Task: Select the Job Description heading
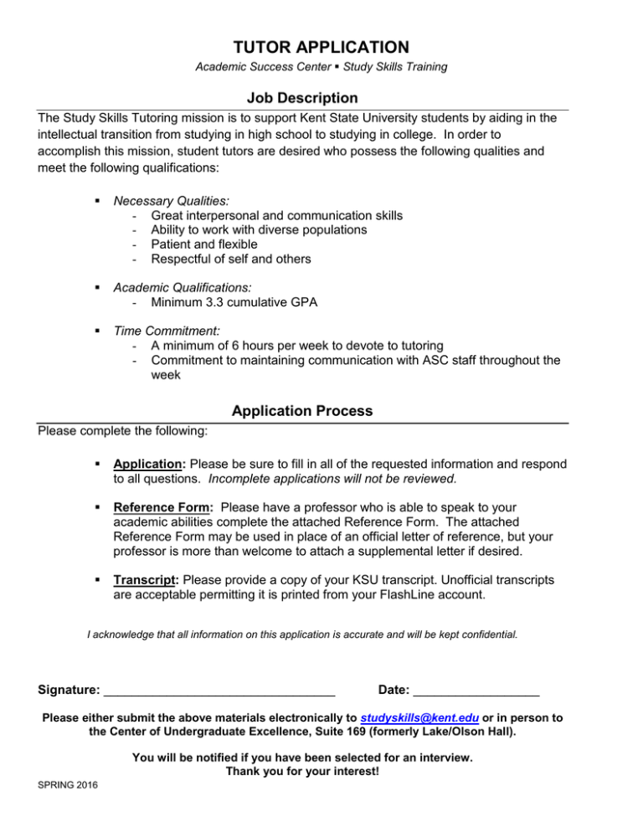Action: tap(303, 99)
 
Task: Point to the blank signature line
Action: tap(219, 691)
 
